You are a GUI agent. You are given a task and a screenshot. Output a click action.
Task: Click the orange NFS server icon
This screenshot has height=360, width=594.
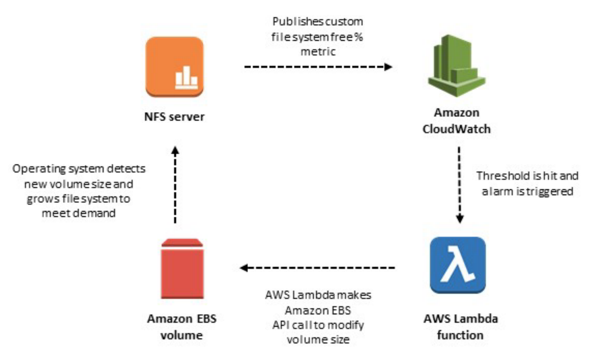[174, 67]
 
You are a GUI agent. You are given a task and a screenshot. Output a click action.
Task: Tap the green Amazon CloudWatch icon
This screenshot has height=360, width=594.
[456, 66]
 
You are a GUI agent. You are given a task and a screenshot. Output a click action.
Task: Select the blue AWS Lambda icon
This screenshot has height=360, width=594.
[458, 265]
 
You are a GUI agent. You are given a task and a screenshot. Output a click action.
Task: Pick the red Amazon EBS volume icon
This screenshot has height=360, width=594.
[182, 269]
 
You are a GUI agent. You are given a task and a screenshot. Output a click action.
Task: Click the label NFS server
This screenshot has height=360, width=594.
[174, 117]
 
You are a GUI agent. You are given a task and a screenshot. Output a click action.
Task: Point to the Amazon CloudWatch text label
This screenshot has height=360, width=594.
[456, 121]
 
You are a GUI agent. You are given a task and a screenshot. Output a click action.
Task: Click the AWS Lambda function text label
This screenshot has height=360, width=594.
[460, 327]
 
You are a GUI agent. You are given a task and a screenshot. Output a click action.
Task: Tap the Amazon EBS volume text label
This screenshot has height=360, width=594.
[181, 327]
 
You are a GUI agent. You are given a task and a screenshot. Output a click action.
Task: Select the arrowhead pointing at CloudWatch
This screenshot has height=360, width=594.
[388, 67]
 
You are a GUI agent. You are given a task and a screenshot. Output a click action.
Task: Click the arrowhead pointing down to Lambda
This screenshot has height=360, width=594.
[460, 219]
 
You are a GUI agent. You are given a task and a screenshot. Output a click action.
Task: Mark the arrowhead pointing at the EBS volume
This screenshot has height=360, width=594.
[244, 268]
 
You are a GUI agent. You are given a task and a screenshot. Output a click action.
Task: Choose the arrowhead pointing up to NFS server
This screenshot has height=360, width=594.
[175, 150]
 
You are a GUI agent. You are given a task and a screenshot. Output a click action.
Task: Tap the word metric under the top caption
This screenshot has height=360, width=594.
[318, 52]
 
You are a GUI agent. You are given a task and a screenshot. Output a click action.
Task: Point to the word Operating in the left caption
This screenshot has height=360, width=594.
[39, 169]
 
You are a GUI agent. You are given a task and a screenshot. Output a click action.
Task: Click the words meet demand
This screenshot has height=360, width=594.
[78, 214]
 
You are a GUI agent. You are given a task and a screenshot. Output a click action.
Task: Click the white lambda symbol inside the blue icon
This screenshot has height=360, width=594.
[458, 265]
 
